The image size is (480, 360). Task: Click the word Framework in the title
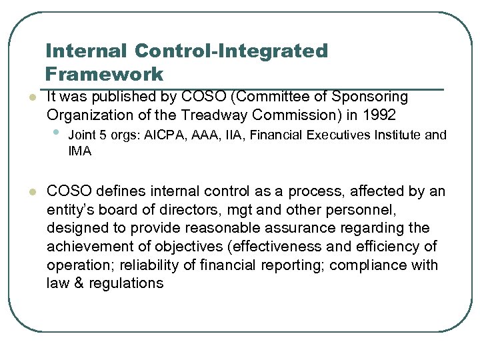pyautogui.click(x=105, y=73)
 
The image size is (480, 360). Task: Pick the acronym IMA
pyautogui.click(x=79, y=151)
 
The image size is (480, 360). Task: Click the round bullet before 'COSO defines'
pyautogui.click(x=23, y=193)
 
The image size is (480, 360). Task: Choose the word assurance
pyautogui.click(x=288, y=229)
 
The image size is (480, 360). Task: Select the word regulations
pyautogui.click(x=123, y=283)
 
